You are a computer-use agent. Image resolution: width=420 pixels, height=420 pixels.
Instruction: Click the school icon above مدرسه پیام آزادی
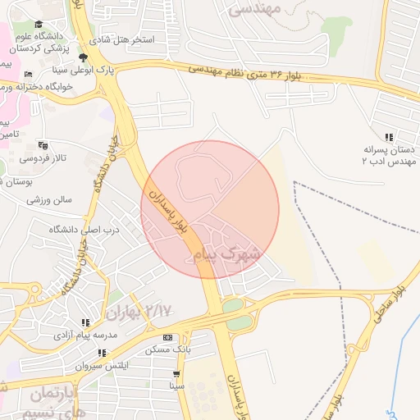[x=85, y=323]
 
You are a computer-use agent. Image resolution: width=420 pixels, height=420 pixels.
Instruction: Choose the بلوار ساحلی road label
[x=388, y=304]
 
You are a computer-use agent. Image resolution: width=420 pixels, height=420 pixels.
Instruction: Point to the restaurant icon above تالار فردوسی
[x=43, y=145]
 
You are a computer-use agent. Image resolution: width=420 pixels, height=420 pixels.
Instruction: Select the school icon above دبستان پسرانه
[x=389, y=138]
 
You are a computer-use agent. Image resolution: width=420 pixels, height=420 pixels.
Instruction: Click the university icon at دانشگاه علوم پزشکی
[x=39, y=25]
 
